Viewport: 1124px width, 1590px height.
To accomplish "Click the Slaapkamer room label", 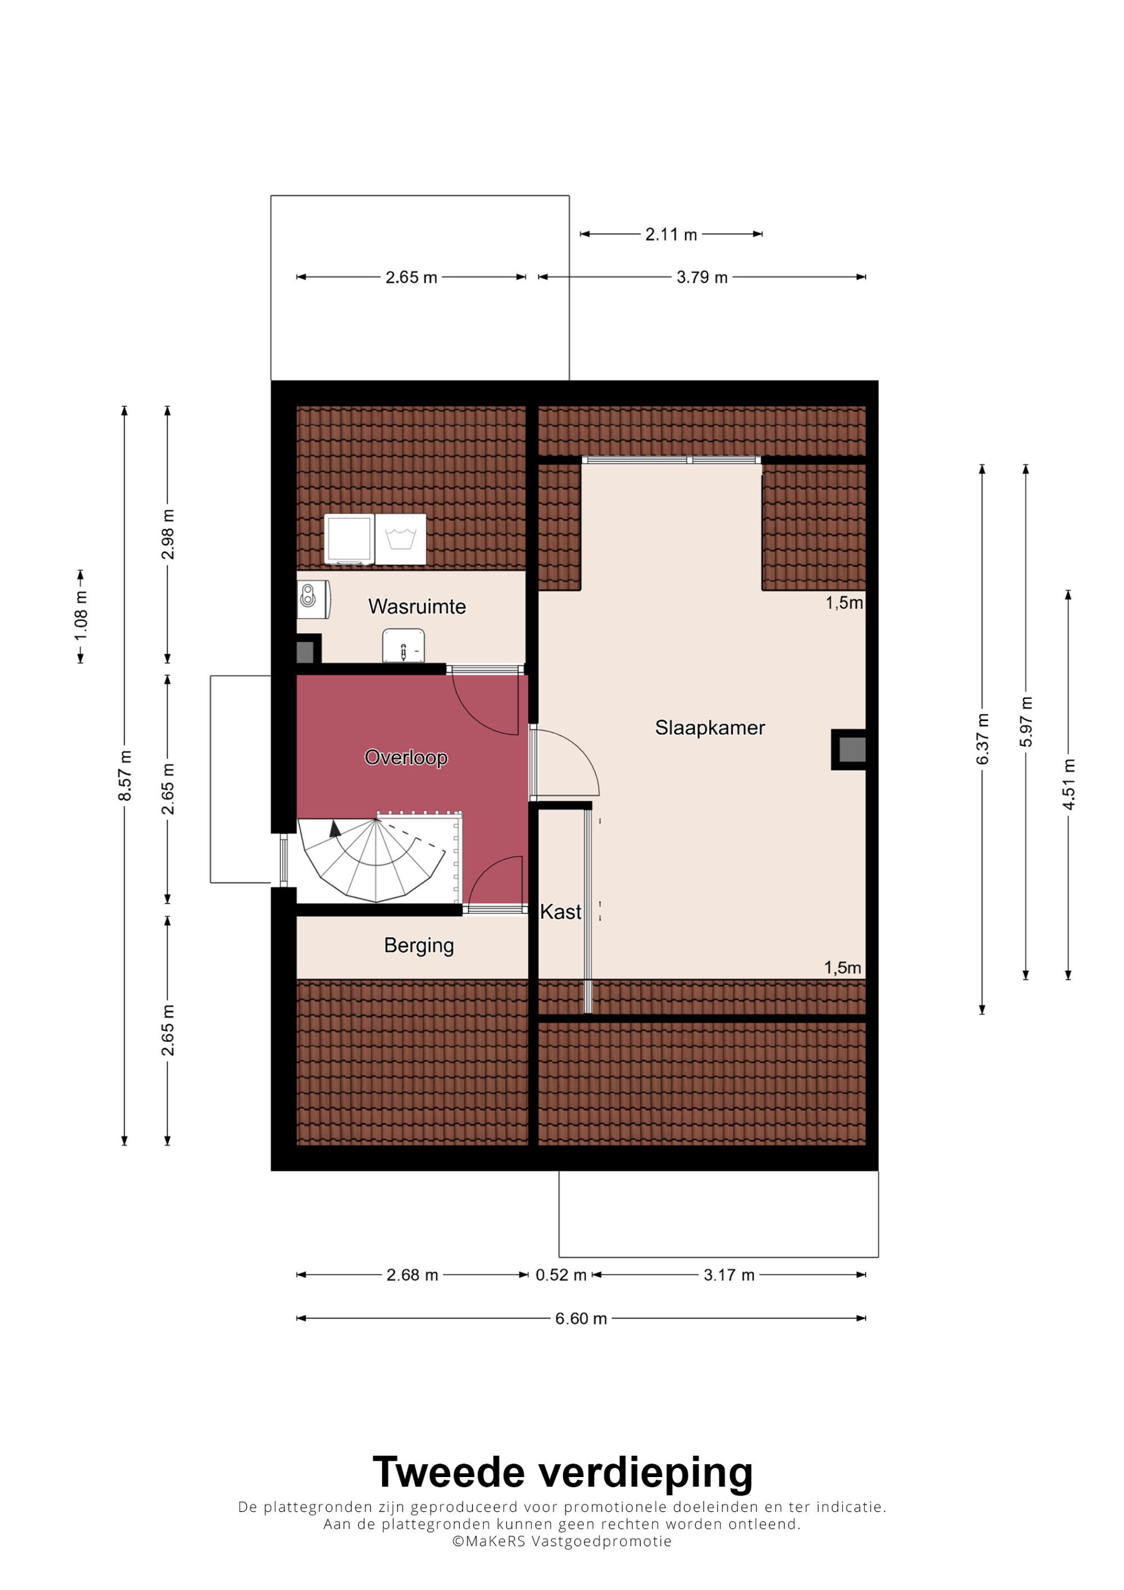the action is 710,728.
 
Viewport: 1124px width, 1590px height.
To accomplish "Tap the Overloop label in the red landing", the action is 406,757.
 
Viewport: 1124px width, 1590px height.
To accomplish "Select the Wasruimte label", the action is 417,607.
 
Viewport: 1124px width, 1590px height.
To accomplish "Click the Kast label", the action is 560,912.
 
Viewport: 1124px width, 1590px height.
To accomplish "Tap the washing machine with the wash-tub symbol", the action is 400,539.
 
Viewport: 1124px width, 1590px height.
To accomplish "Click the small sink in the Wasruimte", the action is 404,646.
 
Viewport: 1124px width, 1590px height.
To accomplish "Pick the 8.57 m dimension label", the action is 125,775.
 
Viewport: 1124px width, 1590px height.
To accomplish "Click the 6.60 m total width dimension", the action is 581,1319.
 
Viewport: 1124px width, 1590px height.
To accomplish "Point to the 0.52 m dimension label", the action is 561,1275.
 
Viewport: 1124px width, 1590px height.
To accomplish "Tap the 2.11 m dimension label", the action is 671,235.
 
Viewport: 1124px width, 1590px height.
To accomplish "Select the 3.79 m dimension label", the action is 703,278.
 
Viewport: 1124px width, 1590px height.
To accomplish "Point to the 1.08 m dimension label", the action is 81,616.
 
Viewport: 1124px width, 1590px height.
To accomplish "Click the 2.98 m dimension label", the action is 167,535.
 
